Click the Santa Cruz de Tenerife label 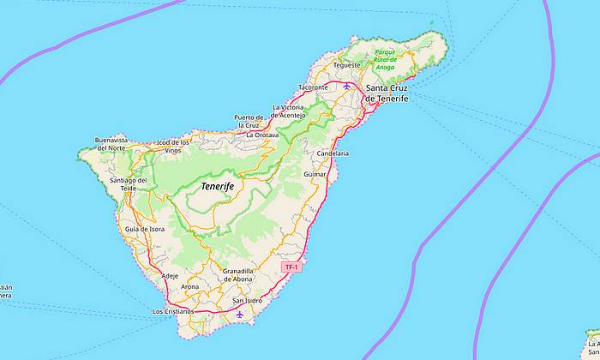tap(387, 93)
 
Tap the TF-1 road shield tap(292, 267)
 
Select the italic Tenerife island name tap(217, 186)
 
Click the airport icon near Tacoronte tap(346, 86)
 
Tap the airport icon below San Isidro tap(240, 314)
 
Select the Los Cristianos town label tap(173, 311)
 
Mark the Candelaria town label tap(333, 153)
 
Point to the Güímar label tap(316, 173)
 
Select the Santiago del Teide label tap(129, 184)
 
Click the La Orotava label tap(262, 135)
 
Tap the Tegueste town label tap(347, 64)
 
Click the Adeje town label tap(170, 275)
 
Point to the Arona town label tap(190, 286)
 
